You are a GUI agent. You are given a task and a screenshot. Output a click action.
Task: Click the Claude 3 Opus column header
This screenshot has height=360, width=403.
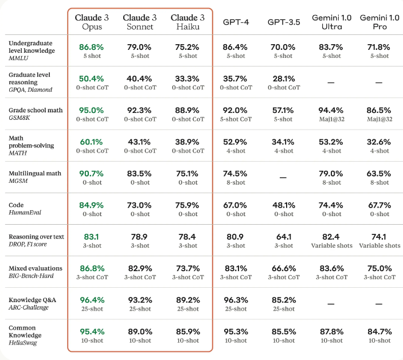92,22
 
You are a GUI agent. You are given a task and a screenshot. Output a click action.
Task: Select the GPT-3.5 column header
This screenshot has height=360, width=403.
283,22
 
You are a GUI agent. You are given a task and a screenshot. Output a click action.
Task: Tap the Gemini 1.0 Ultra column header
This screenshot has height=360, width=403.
331,22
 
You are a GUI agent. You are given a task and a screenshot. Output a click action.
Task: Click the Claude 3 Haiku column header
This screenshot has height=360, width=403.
187,22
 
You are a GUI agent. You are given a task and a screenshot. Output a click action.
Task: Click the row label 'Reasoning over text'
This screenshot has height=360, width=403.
36,236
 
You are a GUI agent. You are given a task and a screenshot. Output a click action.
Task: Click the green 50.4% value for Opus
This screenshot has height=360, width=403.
92,78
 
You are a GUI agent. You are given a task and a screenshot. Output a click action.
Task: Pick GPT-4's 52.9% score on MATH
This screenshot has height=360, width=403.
235,142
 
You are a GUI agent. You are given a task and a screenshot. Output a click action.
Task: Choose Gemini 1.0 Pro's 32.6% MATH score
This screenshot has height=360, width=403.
379,142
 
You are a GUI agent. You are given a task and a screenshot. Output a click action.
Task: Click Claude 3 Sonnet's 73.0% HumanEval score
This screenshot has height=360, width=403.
139,205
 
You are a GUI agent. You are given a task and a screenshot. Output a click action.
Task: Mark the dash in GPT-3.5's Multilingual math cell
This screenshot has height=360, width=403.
283,178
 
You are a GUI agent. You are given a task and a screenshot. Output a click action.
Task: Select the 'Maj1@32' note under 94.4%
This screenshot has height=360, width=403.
331,119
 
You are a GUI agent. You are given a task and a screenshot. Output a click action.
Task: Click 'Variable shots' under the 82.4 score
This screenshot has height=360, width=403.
331,245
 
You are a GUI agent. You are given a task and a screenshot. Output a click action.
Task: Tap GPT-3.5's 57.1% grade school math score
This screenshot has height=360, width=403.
283,109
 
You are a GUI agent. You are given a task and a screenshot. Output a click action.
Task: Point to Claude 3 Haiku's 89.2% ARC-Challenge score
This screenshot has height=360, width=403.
187,299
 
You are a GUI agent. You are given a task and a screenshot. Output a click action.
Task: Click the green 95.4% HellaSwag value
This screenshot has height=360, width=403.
92,331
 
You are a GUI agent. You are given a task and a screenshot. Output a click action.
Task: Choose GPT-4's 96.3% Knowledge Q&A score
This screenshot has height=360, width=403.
235,299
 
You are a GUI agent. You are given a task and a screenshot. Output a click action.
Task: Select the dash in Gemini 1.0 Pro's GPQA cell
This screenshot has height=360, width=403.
379,83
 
